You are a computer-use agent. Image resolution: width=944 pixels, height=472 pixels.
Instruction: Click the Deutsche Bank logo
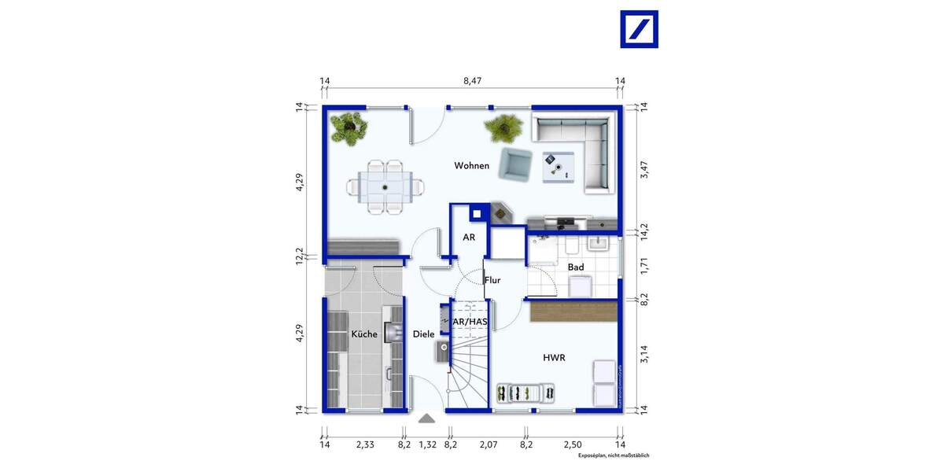(x=639, y=29)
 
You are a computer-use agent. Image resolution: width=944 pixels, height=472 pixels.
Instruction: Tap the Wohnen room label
(x=471, y=166)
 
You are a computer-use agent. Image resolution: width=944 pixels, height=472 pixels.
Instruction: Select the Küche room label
(x=363, y=334)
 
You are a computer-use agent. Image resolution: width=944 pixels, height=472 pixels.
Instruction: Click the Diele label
(x=423, y=334)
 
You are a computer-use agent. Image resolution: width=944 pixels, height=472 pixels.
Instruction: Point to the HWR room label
(x=554, y=358)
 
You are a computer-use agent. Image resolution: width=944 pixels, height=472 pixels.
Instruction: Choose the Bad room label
(x=576, y=267)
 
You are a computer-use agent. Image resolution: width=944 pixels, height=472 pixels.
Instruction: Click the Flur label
(x=492, y=280)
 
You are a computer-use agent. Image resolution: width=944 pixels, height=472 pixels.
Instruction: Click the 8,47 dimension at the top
(x=472, y=80)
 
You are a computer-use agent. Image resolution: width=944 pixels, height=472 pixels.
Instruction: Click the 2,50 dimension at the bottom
(x=573, y=445)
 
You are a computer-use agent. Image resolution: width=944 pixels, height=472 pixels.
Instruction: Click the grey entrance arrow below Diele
(x=426, y=419)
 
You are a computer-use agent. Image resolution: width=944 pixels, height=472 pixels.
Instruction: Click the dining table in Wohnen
(x=385, y=187)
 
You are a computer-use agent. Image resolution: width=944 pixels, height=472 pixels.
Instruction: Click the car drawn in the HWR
(x=525, y=392)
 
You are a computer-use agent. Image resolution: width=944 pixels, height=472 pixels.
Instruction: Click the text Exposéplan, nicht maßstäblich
(x=614, y=455)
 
